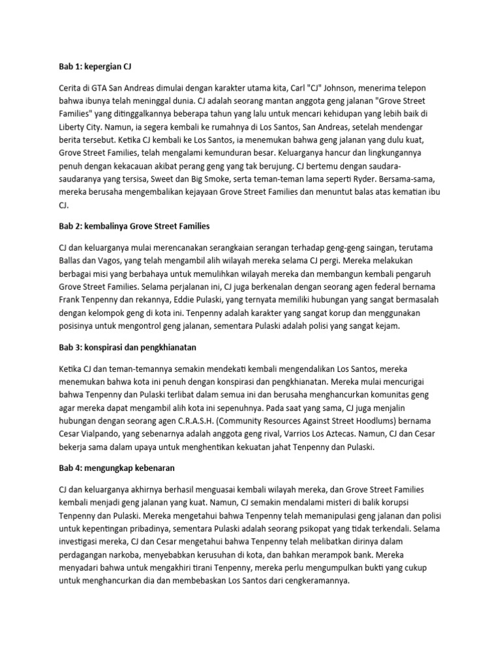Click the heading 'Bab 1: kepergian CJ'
click(96, 67)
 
